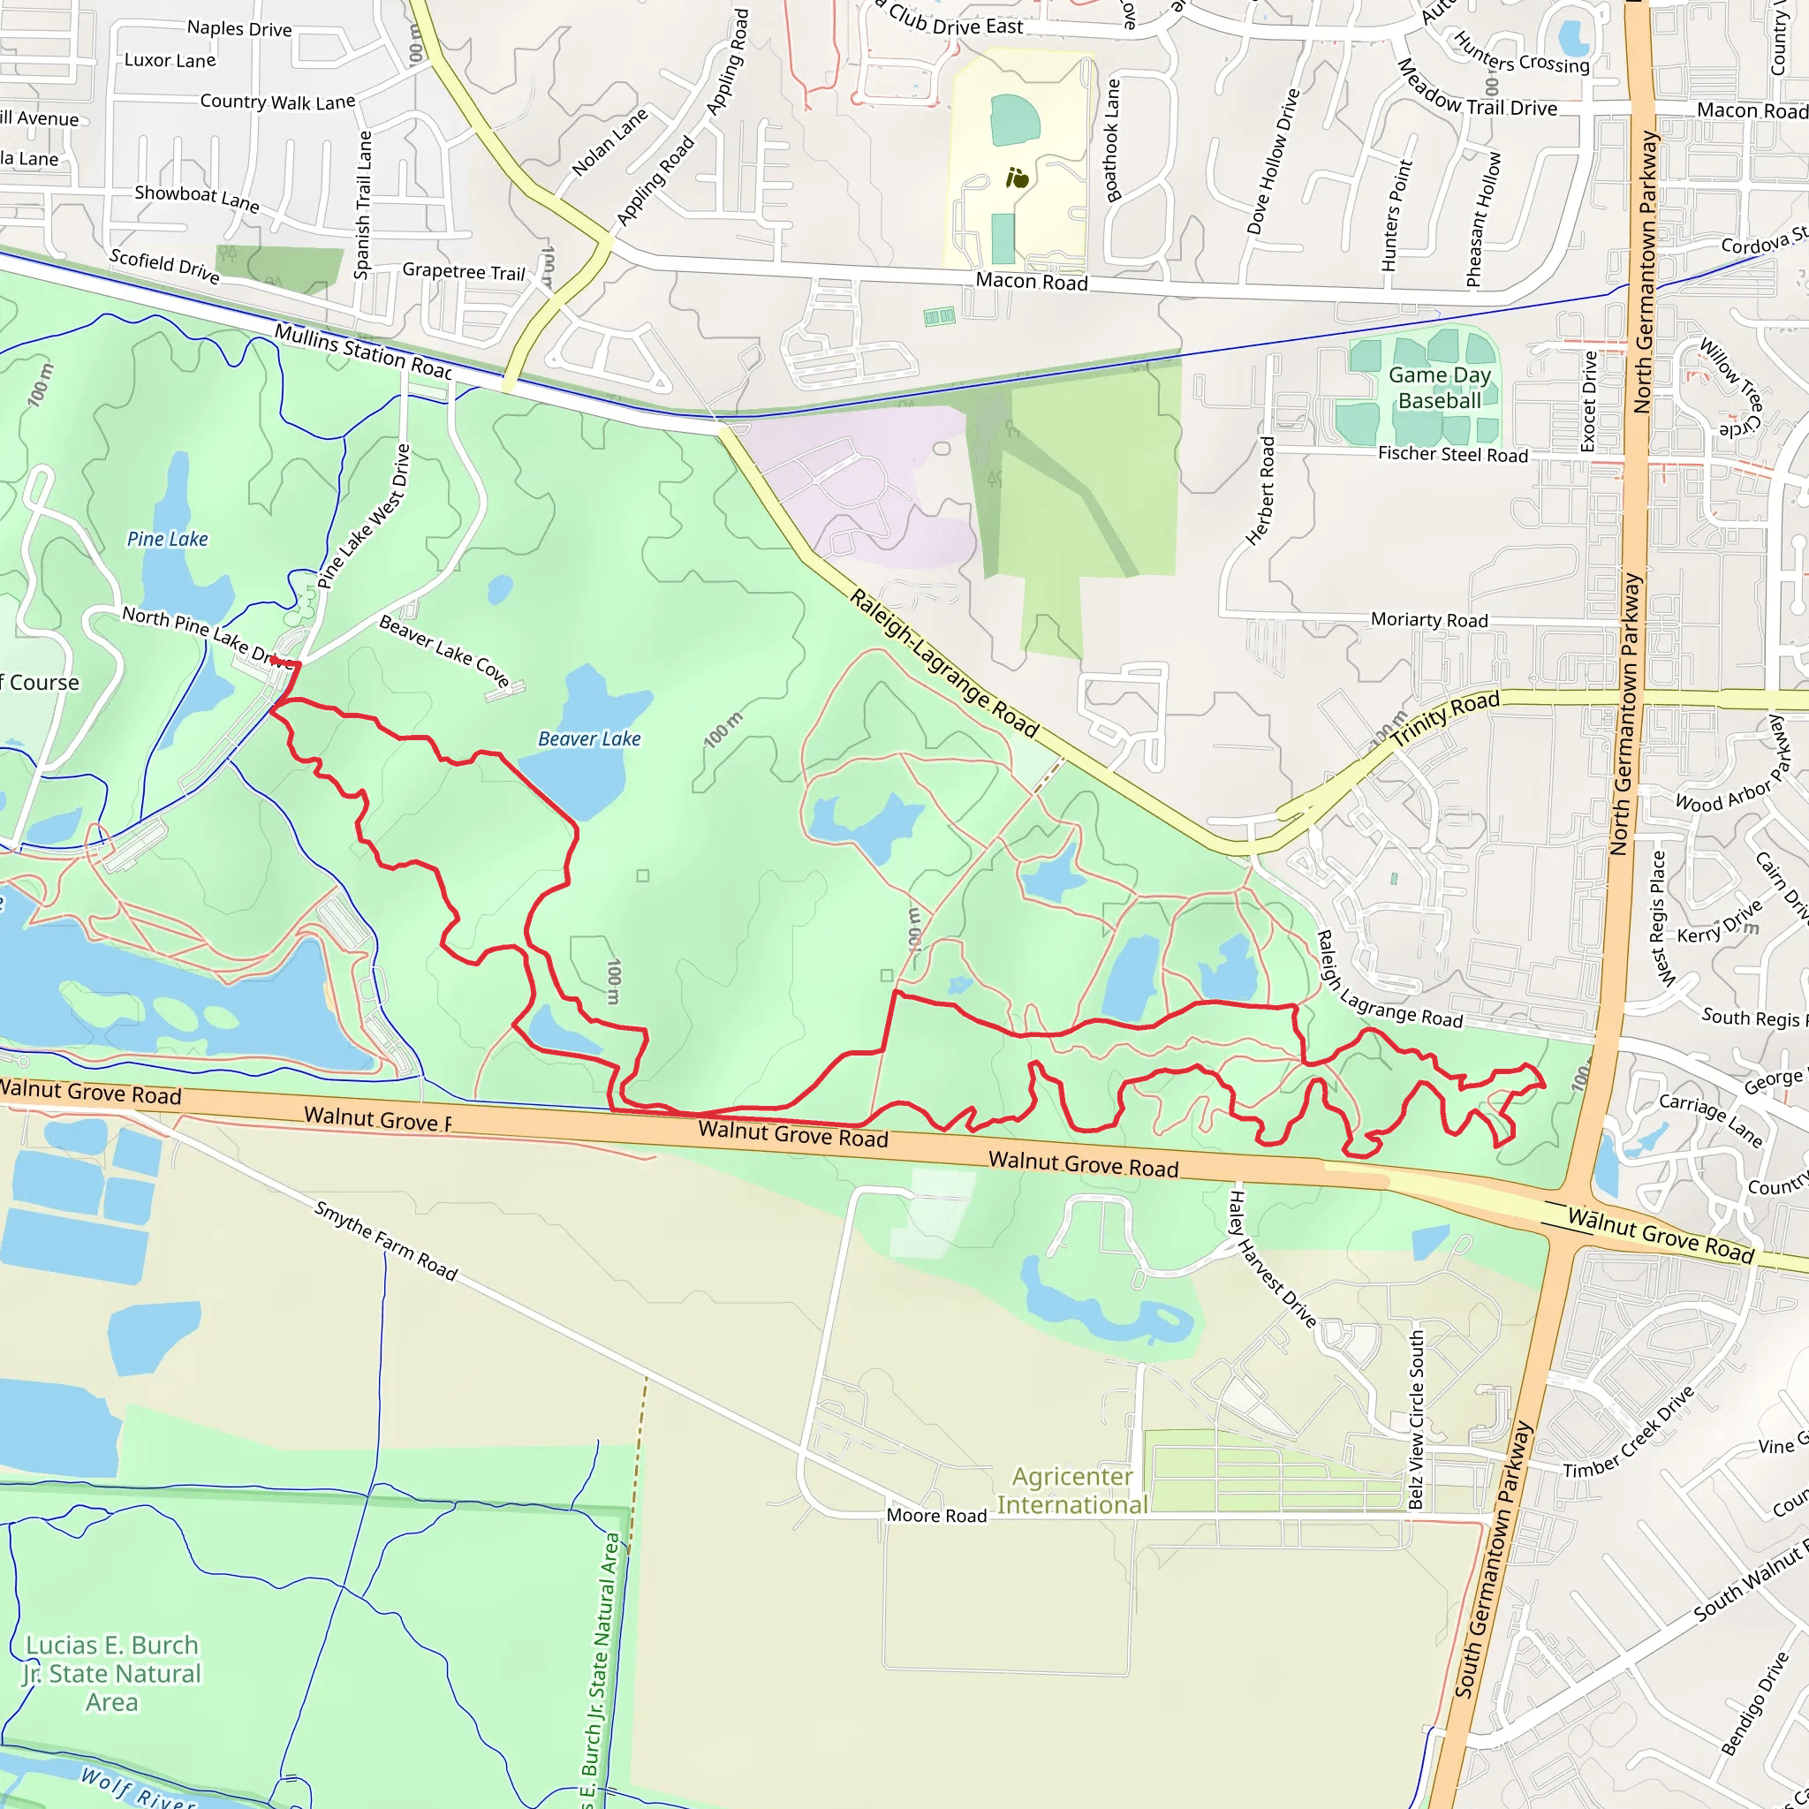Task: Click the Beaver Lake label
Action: pyautogui.click(x=589, y=738)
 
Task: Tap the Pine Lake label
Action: pyautogui.click(x=168, y=539)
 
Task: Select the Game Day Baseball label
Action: pyautogui.click(x=1439, y=388)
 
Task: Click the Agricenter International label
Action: pyautogui.click(x=1072, y=1491)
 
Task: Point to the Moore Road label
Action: pyautogui.click(x=936, y=1515)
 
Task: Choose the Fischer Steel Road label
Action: pyautogui.click(x=1452, y=454)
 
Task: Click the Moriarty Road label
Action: pyautogui.click(x=1429, y=620)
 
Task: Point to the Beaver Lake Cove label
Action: pyautogui.click(x=443, y=651)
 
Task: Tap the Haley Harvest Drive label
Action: pyautogui.click(x=1272, y=1259)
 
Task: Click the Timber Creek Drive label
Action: pyautogui.click(x=1629, y=1432)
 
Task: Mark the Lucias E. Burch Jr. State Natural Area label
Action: pyautogui.click(x=112, y=1673)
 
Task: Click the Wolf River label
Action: pyautogui.click(x=138, y=1787)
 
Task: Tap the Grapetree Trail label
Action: pyautogui.click(x=464, y=271)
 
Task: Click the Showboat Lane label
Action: pyautogui.click(x=197, y=198)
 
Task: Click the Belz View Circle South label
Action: pyautogui.click(x=1417, y=1419)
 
